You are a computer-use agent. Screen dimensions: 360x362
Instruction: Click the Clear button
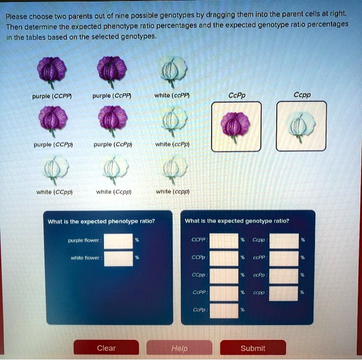pyautogui.click(x=106, y=348)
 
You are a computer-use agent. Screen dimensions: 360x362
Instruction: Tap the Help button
pyautogui.click(x=179, y=348)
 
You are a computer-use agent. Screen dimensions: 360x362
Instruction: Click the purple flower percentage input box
pyautogui.click(x=118, y=241)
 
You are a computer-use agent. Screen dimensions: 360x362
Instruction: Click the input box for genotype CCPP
pyautogui.click(x=224, y=241)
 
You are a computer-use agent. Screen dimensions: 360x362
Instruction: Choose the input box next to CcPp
pyautogui.click(x=224, y=310)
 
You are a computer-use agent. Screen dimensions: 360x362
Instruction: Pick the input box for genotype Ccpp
pyautogui.click(x=284, y=241)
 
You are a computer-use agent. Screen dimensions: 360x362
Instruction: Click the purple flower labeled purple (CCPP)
pyautogui.click(x=52, y=71)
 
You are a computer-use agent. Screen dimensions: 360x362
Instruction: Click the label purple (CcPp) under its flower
pyautogui.click(x=112, y=145)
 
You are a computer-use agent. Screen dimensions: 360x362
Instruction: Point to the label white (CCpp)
pyautogui.click(x=54, y=192)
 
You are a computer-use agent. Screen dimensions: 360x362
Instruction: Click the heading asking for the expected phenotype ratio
pyautogui.click(x=101, y=221)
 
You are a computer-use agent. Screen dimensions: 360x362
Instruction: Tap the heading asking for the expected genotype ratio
pyautogui.click(x=236, y=221)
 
